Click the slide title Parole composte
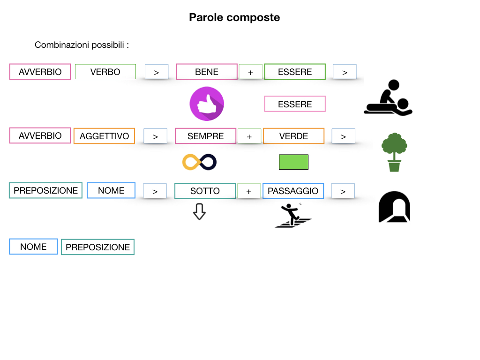point(234,17)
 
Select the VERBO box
point(105,72)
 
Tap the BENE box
point(207,72)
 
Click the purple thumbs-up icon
point(207,104)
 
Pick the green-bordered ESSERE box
point(295,72)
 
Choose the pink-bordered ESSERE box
point(295,104)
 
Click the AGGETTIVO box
point(104,136)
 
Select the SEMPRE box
point(205,136)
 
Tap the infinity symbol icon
point(200,162)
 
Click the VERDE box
point(293,136)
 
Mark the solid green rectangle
point(293,162)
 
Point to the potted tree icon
point(394,152)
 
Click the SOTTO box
point(205,191)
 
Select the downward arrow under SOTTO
point(200,211)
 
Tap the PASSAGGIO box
point(293,191)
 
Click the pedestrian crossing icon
point(293,216)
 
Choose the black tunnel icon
point(394,207)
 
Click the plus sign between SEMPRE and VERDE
point(249,137)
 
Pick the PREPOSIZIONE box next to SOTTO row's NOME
point(46,190)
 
